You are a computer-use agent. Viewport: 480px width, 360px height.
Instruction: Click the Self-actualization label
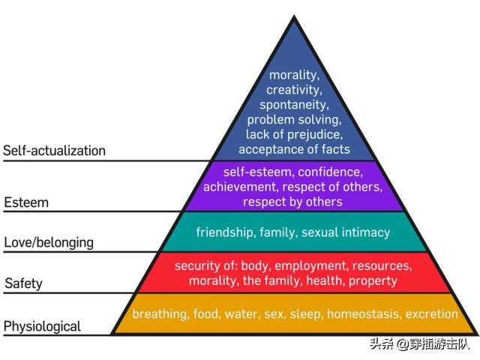click(x=54, y=151)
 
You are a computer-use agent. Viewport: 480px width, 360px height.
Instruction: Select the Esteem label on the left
click(x=26, y=202)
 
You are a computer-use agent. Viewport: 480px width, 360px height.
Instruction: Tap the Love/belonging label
click(x=49, y=243)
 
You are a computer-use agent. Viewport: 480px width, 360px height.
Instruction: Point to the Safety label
click(x=23, y=283)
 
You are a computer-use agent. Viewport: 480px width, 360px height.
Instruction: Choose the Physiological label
click(x=42, y=326)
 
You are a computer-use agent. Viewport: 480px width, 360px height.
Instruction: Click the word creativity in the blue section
click(x=294, y=90)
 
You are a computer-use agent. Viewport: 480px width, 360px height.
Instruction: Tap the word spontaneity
click(x=294, y=105)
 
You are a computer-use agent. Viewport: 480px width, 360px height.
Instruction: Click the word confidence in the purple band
click(x=330, y=172)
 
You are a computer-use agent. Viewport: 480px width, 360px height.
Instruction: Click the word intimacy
click(x=366, y=232)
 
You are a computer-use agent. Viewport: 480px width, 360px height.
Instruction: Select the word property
click(x=373, y=280)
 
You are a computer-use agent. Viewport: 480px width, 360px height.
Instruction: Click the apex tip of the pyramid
click(x=294, y=15)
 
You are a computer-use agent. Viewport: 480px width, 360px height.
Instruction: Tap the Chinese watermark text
click(x=419, y=344)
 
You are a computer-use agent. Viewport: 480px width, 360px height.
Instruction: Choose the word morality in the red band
click(x=213, y=280)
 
